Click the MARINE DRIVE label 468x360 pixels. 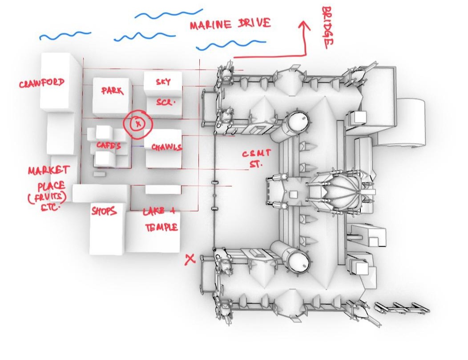(x=230, y=24)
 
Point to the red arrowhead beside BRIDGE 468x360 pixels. (x=305, y=25)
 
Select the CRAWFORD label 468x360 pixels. (x=41, y=83)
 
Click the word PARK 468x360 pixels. (x=112, y=91)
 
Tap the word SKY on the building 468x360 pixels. (x=163, y=82)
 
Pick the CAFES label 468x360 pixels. (x=109, y=145)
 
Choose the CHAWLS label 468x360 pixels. (x=166, y=147)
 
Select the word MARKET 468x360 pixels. (x=48, y=171)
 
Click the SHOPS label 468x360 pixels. (x=104, y=211)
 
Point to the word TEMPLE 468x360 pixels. (x=161, y=228)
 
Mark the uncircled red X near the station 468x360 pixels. (x=190, y=259)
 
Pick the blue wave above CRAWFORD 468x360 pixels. (x=65, y=35)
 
